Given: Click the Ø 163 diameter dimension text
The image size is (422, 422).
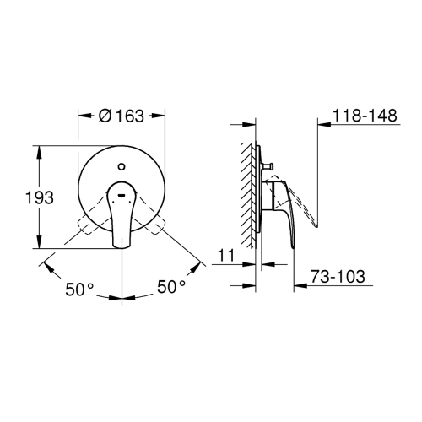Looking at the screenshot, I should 122,117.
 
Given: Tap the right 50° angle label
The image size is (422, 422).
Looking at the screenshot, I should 171,289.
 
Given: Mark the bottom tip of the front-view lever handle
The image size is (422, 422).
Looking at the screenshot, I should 122,247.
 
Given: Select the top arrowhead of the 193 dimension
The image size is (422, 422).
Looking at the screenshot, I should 40,150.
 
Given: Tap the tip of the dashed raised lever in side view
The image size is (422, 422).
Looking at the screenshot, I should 316,227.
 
